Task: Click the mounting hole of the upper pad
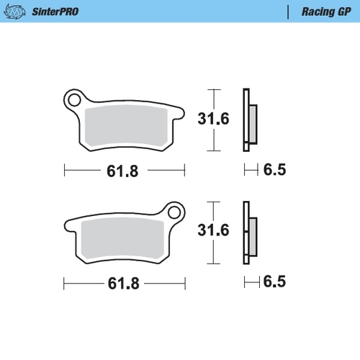coord(73,97)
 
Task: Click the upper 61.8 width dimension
coord(122,171)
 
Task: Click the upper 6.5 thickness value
coord(274,171)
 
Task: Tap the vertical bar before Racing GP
coord(288,12)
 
